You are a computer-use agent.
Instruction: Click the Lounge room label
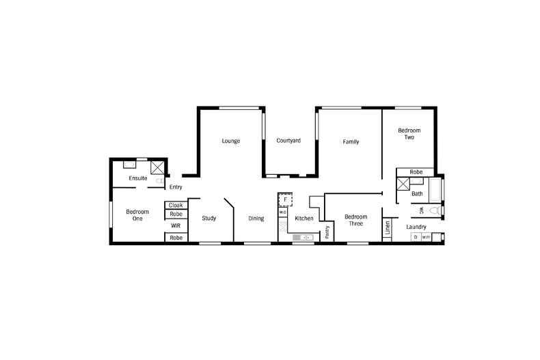coord(230,141)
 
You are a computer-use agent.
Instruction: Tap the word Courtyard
coord(288,141)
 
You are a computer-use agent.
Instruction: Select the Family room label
coord(351,142)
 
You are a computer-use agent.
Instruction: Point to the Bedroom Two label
coord(409,134)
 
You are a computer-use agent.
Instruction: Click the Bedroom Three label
coord(355,220)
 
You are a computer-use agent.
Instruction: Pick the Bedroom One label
coord(137,216)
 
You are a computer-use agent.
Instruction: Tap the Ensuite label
coord(138,179)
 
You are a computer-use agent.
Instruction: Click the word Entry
coord(176,187)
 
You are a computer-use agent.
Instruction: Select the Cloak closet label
coord(176,205)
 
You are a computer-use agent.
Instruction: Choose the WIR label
coord(176,225)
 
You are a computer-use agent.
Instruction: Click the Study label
coord(209,219)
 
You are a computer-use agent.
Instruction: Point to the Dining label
coord(256,219)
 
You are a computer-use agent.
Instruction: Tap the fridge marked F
coord(285,199)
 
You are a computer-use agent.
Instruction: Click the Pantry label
coord(327,232)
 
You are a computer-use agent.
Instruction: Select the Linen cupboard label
coord(387,228)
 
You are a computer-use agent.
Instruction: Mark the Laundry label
coord(416,227)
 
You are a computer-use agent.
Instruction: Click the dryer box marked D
coord(415,237)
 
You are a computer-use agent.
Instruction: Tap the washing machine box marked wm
coord(426,237)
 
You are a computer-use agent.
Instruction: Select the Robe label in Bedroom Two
coord(416,172)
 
